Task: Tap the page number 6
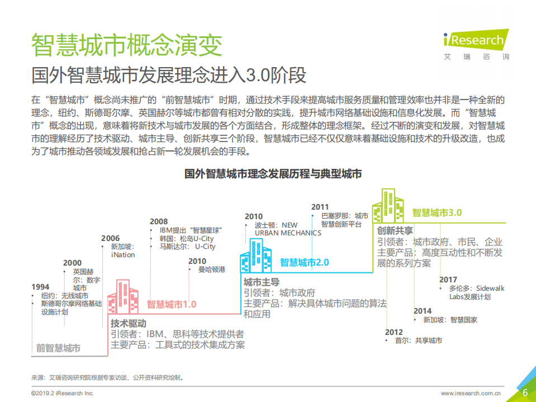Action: click(x=525, y=392)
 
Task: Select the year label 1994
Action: click(x=40, y=287)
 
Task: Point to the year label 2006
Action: click(x=110, y=238)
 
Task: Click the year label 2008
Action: click(x=159, y=221)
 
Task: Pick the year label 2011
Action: click(x=320, y=207)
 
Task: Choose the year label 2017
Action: click(x=448, y=280)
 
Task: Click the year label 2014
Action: click(x=423, y=311)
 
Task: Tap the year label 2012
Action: click(x=393, y=332)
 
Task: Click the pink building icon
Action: click(x=123, y=297)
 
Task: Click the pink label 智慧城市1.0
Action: click(x=172, y=305)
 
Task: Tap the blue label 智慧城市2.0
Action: click(x=305, y=262)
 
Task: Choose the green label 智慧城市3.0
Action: click(x=437, y=212)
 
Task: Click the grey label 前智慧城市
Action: click(x=58, y=348)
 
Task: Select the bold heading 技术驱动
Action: click(x=128, y=323)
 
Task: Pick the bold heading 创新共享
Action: click(x=395, y=230)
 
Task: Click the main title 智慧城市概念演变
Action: click(x=126, y=45)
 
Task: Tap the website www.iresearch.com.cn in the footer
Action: click(x=471, y=393)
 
